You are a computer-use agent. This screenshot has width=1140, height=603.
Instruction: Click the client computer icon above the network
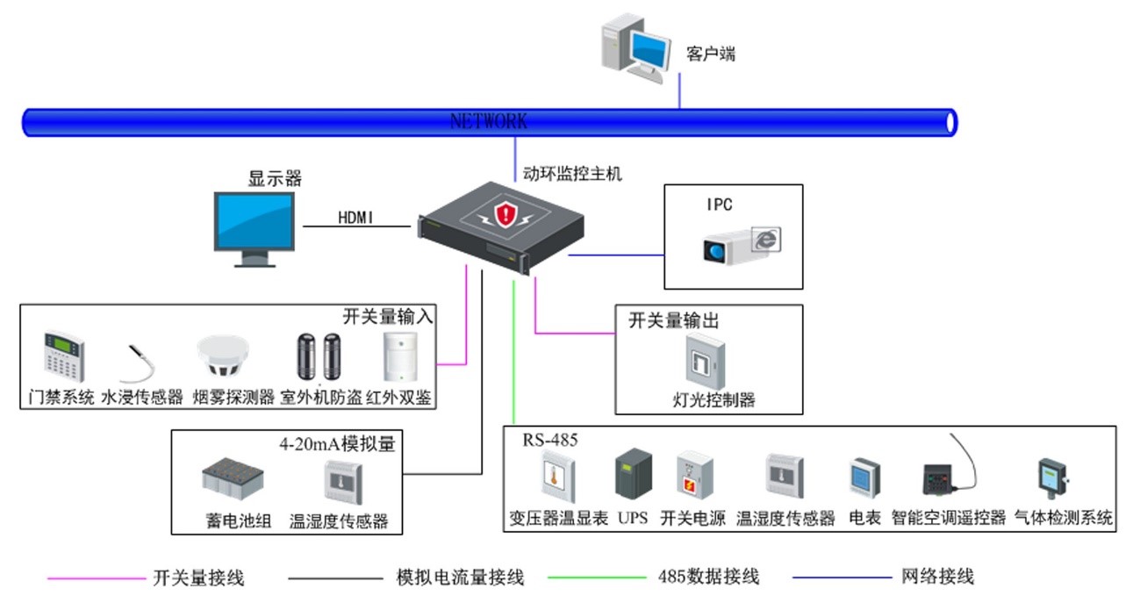(634, 51)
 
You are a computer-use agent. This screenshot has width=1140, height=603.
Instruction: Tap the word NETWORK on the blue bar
(489, 121)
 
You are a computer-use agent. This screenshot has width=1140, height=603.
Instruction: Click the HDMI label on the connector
(355, 218)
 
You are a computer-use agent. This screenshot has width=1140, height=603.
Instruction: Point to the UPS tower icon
(633, 475)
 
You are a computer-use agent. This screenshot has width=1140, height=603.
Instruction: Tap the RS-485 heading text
(550, 441)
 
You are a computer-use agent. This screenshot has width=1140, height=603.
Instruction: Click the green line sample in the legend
(596, 578)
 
